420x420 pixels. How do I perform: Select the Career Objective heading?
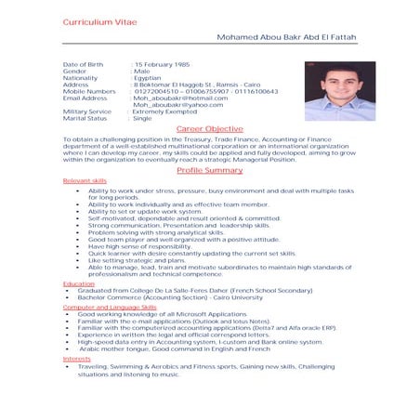[x=209, y=129]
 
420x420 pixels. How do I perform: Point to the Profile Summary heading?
[x=209, y=170]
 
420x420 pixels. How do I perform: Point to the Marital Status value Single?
[x=143, y=119]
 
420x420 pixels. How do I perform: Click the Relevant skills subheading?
[x=84, y=180]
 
